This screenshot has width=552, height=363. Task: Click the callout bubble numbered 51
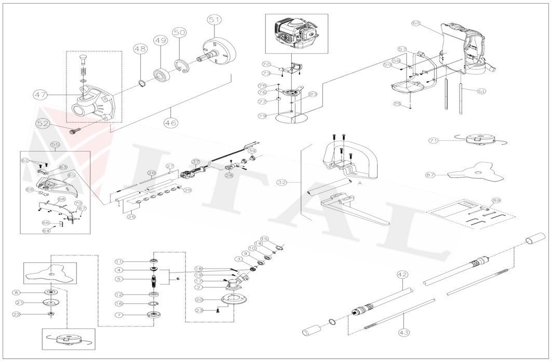(x=214, y=19)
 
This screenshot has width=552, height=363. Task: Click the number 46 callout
(x=170, y=123)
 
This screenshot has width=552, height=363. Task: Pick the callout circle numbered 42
(x=402, y=274)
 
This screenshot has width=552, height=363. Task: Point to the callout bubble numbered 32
(x=282, y=182)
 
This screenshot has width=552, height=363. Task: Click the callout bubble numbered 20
(x=198, y=300)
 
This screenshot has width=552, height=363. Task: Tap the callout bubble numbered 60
(x=416, y=23)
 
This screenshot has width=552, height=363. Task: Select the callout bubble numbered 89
(x=496, y=200)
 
